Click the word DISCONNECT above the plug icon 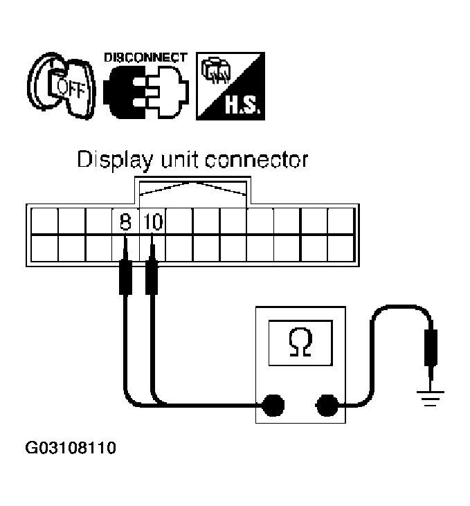(145, 57)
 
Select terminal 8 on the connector (125, 222)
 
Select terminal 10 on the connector (153, 222)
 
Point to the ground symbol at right (430, 397)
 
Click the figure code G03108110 (70, 448)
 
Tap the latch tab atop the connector (194, 191)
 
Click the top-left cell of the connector (44, 222)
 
